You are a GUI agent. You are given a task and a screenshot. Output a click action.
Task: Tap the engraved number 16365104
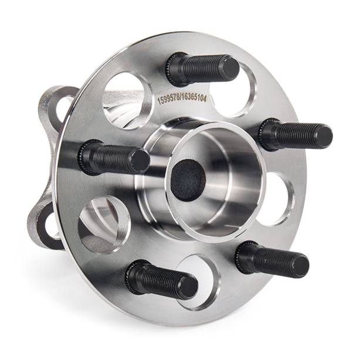tap(193, 99)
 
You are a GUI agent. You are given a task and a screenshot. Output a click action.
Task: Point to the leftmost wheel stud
tap(114, 158)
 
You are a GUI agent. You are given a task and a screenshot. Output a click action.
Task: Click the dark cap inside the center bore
tap(188, 180)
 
